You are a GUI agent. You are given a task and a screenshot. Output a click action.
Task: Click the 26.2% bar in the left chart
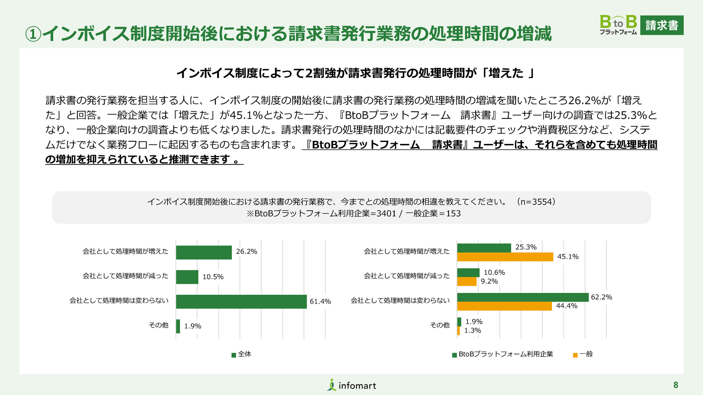(x=203, y=252)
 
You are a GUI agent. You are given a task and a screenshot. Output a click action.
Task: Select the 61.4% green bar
(x=241, y=302)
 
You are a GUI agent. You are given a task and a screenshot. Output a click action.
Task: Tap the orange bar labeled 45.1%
(x=505, y=257)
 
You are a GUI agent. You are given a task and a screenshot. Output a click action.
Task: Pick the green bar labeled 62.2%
(x=523, y=297)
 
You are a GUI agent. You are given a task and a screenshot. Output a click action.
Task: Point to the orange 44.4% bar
(x=504, y=306)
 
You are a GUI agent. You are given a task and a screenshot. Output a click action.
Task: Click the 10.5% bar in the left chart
(x=187, y=277)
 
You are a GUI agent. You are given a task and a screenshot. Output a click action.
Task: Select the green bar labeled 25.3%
(x=484, y=248)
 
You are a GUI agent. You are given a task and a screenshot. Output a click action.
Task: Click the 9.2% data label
(x=489, y=281)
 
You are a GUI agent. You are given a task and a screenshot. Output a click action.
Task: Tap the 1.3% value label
(x=472, y=330)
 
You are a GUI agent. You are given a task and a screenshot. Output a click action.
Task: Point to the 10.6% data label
(x=494, y=272)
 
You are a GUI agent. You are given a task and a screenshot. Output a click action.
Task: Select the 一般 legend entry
(x=583, y=354)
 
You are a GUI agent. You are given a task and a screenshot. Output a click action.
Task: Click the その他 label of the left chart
(x=159, y=325)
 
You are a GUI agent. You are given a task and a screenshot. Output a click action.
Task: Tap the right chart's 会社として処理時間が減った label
(x=406, y=276)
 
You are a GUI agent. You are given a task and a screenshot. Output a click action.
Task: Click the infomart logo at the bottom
(x=352, y=385)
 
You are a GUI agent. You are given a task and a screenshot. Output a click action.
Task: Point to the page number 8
(x=675, y=385)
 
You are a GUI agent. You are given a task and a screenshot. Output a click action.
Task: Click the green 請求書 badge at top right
(x=662, y=25)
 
